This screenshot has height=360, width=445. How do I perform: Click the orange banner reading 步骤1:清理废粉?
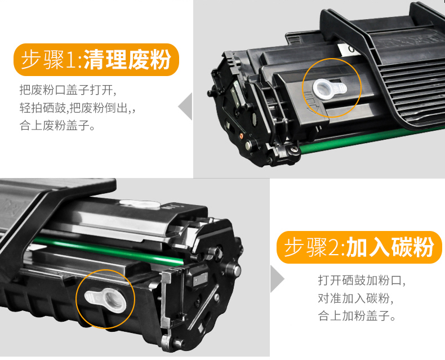tap(96, 60)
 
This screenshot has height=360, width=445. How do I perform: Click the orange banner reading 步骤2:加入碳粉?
tap(359, 247)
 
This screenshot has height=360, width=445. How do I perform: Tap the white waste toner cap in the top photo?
tap(330, 89)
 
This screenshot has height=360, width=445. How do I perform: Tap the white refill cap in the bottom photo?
tap(105, 300)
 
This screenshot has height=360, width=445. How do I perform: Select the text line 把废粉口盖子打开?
tap(68, 90)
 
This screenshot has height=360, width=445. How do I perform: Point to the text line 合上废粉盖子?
tap(57, 125)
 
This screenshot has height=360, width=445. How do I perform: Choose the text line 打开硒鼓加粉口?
tap(362, 280)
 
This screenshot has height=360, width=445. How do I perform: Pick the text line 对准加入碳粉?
tap(356, 298)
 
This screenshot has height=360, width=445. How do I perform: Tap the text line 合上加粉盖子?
tap(357, 315)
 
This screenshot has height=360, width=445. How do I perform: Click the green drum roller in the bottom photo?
tap(108, 251)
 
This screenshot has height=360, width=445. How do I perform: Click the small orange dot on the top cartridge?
tap(242, 136)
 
